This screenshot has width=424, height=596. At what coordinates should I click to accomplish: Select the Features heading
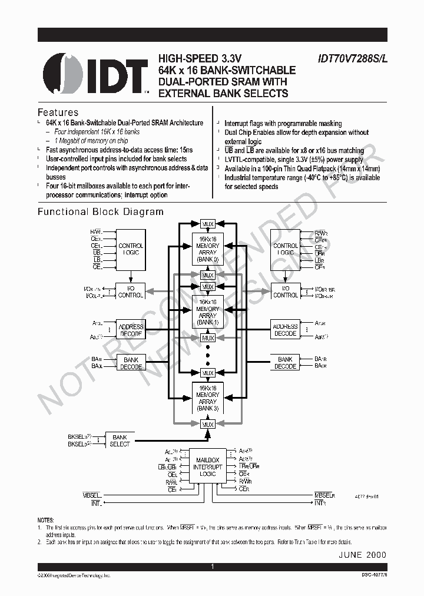point(58,112)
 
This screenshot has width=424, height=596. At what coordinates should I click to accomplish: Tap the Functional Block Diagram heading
point(101,211)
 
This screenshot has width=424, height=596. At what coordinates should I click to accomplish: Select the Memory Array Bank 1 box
point(207,312)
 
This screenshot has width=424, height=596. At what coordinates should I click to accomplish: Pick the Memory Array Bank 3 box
point(207,398)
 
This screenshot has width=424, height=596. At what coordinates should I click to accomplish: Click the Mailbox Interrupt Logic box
point(207,466)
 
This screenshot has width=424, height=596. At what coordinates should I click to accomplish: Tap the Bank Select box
point(120,441)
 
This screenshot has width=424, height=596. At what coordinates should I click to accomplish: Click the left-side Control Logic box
point(131,249)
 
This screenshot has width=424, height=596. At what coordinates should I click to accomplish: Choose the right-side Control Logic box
point(286,249)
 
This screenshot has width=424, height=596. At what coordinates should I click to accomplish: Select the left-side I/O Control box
point(131,292)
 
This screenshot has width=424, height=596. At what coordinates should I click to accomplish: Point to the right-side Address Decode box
point(286,330)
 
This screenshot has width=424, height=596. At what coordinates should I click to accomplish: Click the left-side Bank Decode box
point(131,363)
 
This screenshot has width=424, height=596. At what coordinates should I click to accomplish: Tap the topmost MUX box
point(207,224)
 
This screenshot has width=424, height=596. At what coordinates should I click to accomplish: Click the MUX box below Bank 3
point(207,424)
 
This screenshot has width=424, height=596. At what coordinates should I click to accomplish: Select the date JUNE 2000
point(362,555)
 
